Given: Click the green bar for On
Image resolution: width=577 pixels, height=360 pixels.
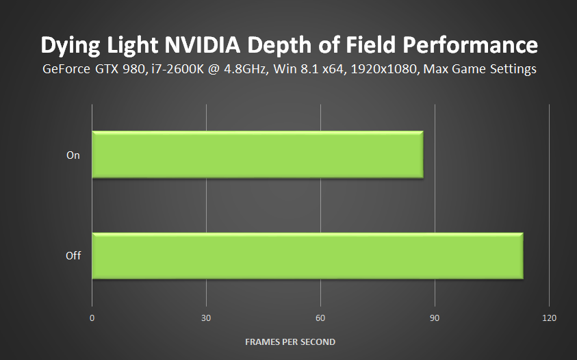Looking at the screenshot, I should pos(257,155).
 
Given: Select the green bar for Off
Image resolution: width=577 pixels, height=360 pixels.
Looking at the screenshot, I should pos(307,256).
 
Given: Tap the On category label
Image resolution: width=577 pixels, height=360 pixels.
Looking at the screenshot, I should pos(73,155).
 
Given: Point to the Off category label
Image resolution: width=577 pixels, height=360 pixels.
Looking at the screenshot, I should pos(73,256).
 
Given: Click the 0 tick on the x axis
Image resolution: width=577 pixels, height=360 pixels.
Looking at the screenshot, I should pos(92,318).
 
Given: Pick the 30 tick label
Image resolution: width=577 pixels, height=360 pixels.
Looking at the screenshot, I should pos(206,318).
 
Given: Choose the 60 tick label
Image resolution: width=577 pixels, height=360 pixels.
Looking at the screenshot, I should pos(320,318).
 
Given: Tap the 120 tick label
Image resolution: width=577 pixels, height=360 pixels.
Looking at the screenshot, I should pos(549,318).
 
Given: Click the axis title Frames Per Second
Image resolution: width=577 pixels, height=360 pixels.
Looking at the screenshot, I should pos(290,342).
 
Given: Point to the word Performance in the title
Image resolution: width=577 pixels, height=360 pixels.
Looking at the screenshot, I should pos(472,45).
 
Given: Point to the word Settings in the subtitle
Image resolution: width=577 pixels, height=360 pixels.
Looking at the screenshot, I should pos(511,69).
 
